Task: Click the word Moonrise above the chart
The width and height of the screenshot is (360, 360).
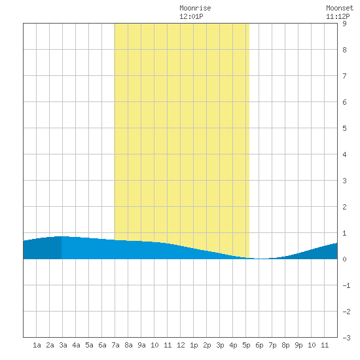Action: coord(195,8)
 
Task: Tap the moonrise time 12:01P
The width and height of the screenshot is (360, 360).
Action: coord(191,16)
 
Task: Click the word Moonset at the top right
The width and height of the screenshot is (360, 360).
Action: coord(340,8)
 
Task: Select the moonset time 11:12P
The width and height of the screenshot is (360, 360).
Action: coord(338,16)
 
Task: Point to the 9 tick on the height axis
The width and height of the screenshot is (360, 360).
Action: coord(344,24)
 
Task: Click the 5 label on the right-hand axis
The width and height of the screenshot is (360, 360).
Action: coord(344,128)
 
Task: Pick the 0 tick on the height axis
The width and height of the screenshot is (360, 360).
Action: coord(344,259)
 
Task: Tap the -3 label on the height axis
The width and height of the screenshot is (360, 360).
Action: coord(346,338)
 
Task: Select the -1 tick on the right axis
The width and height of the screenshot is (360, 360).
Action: coord(346,285)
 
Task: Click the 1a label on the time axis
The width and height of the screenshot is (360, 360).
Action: coord(37,345)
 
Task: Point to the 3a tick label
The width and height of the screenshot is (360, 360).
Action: coord(63,345)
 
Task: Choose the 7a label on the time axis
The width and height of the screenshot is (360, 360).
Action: coord(115,345)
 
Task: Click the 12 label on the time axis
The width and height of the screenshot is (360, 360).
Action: coord(181,345)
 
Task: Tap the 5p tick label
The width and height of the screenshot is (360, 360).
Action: coord(246,345)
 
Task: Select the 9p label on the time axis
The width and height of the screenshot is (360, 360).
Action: coord(298,345)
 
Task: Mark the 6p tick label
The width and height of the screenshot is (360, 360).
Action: coord(259,345)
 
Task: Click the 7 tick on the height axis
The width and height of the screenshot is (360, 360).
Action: coord(344,76)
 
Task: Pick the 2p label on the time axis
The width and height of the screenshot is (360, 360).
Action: coord(207,345)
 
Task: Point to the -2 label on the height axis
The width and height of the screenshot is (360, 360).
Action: coord(346,312)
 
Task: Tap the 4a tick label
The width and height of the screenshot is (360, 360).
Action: coord(76,345)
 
